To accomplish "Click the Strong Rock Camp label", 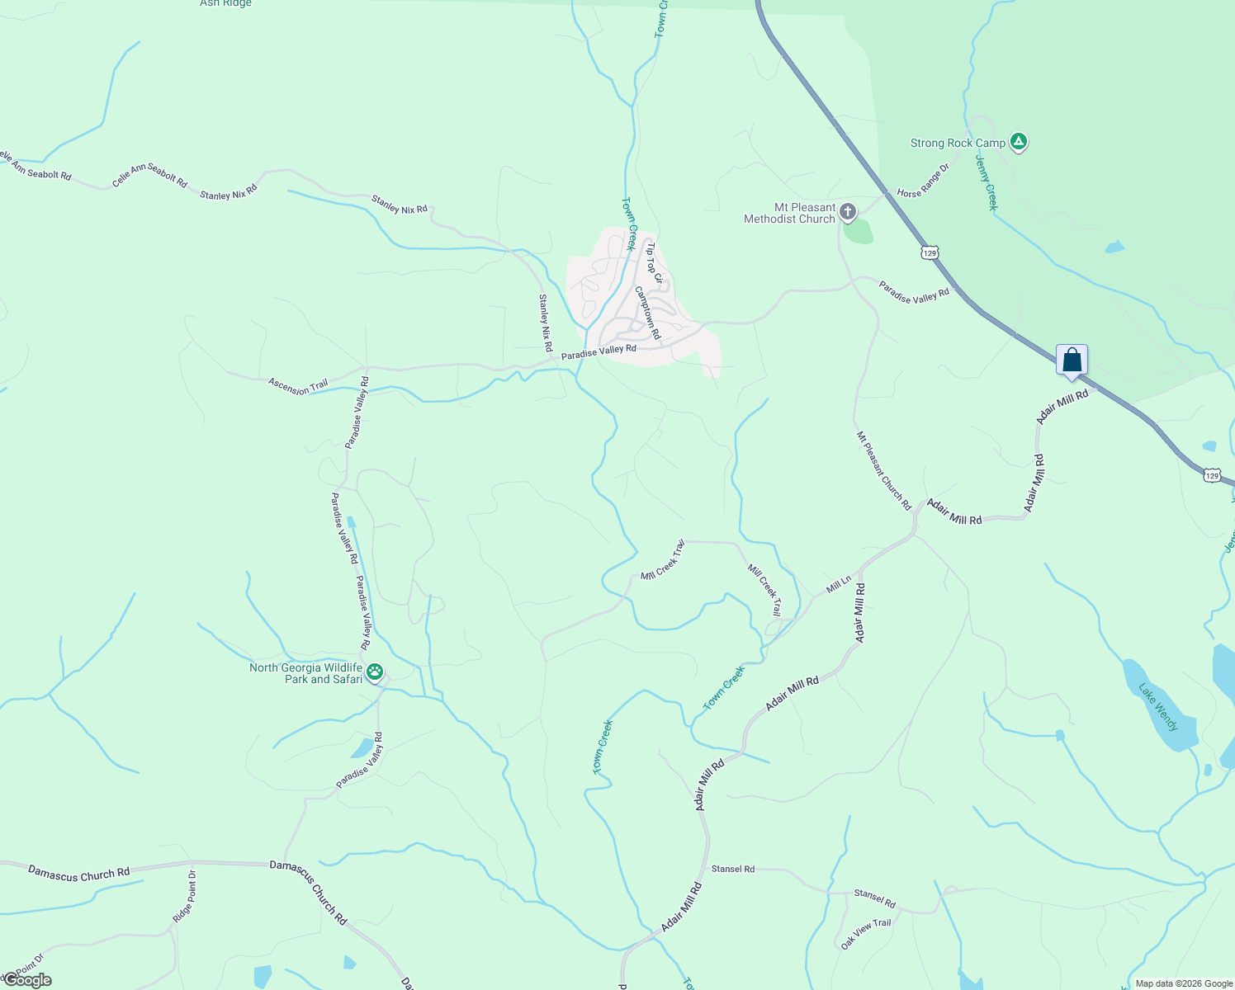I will coord(958,144).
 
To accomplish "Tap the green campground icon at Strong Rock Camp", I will coord(1020,143).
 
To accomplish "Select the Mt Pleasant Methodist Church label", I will coord(790,214).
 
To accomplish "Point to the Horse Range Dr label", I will coord(924,181).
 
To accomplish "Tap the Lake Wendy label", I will coord(1159,707).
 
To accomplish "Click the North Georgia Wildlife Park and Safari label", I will coord(306,673).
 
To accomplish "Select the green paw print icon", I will coord(375,672).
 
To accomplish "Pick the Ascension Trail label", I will coord(298,386).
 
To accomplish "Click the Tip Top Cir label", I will coord(654,262).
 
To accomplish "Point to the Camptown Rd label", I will coord(648,313).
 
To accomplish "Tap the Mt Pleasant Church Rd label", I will coord(883,470).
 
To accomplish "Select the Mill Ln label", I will coord(839,586).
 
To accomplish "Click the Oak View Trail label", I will coord(866,934).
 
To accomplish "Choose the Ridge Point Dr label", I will coord(184,897).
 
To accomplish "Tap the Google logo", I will coord(27,980).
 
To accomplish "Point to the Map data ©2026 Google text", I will coord(1184,983).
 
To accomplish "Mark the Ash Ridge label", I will coord(225,3).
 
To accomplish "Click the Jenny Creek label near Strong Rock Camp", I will coord(987,181).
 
